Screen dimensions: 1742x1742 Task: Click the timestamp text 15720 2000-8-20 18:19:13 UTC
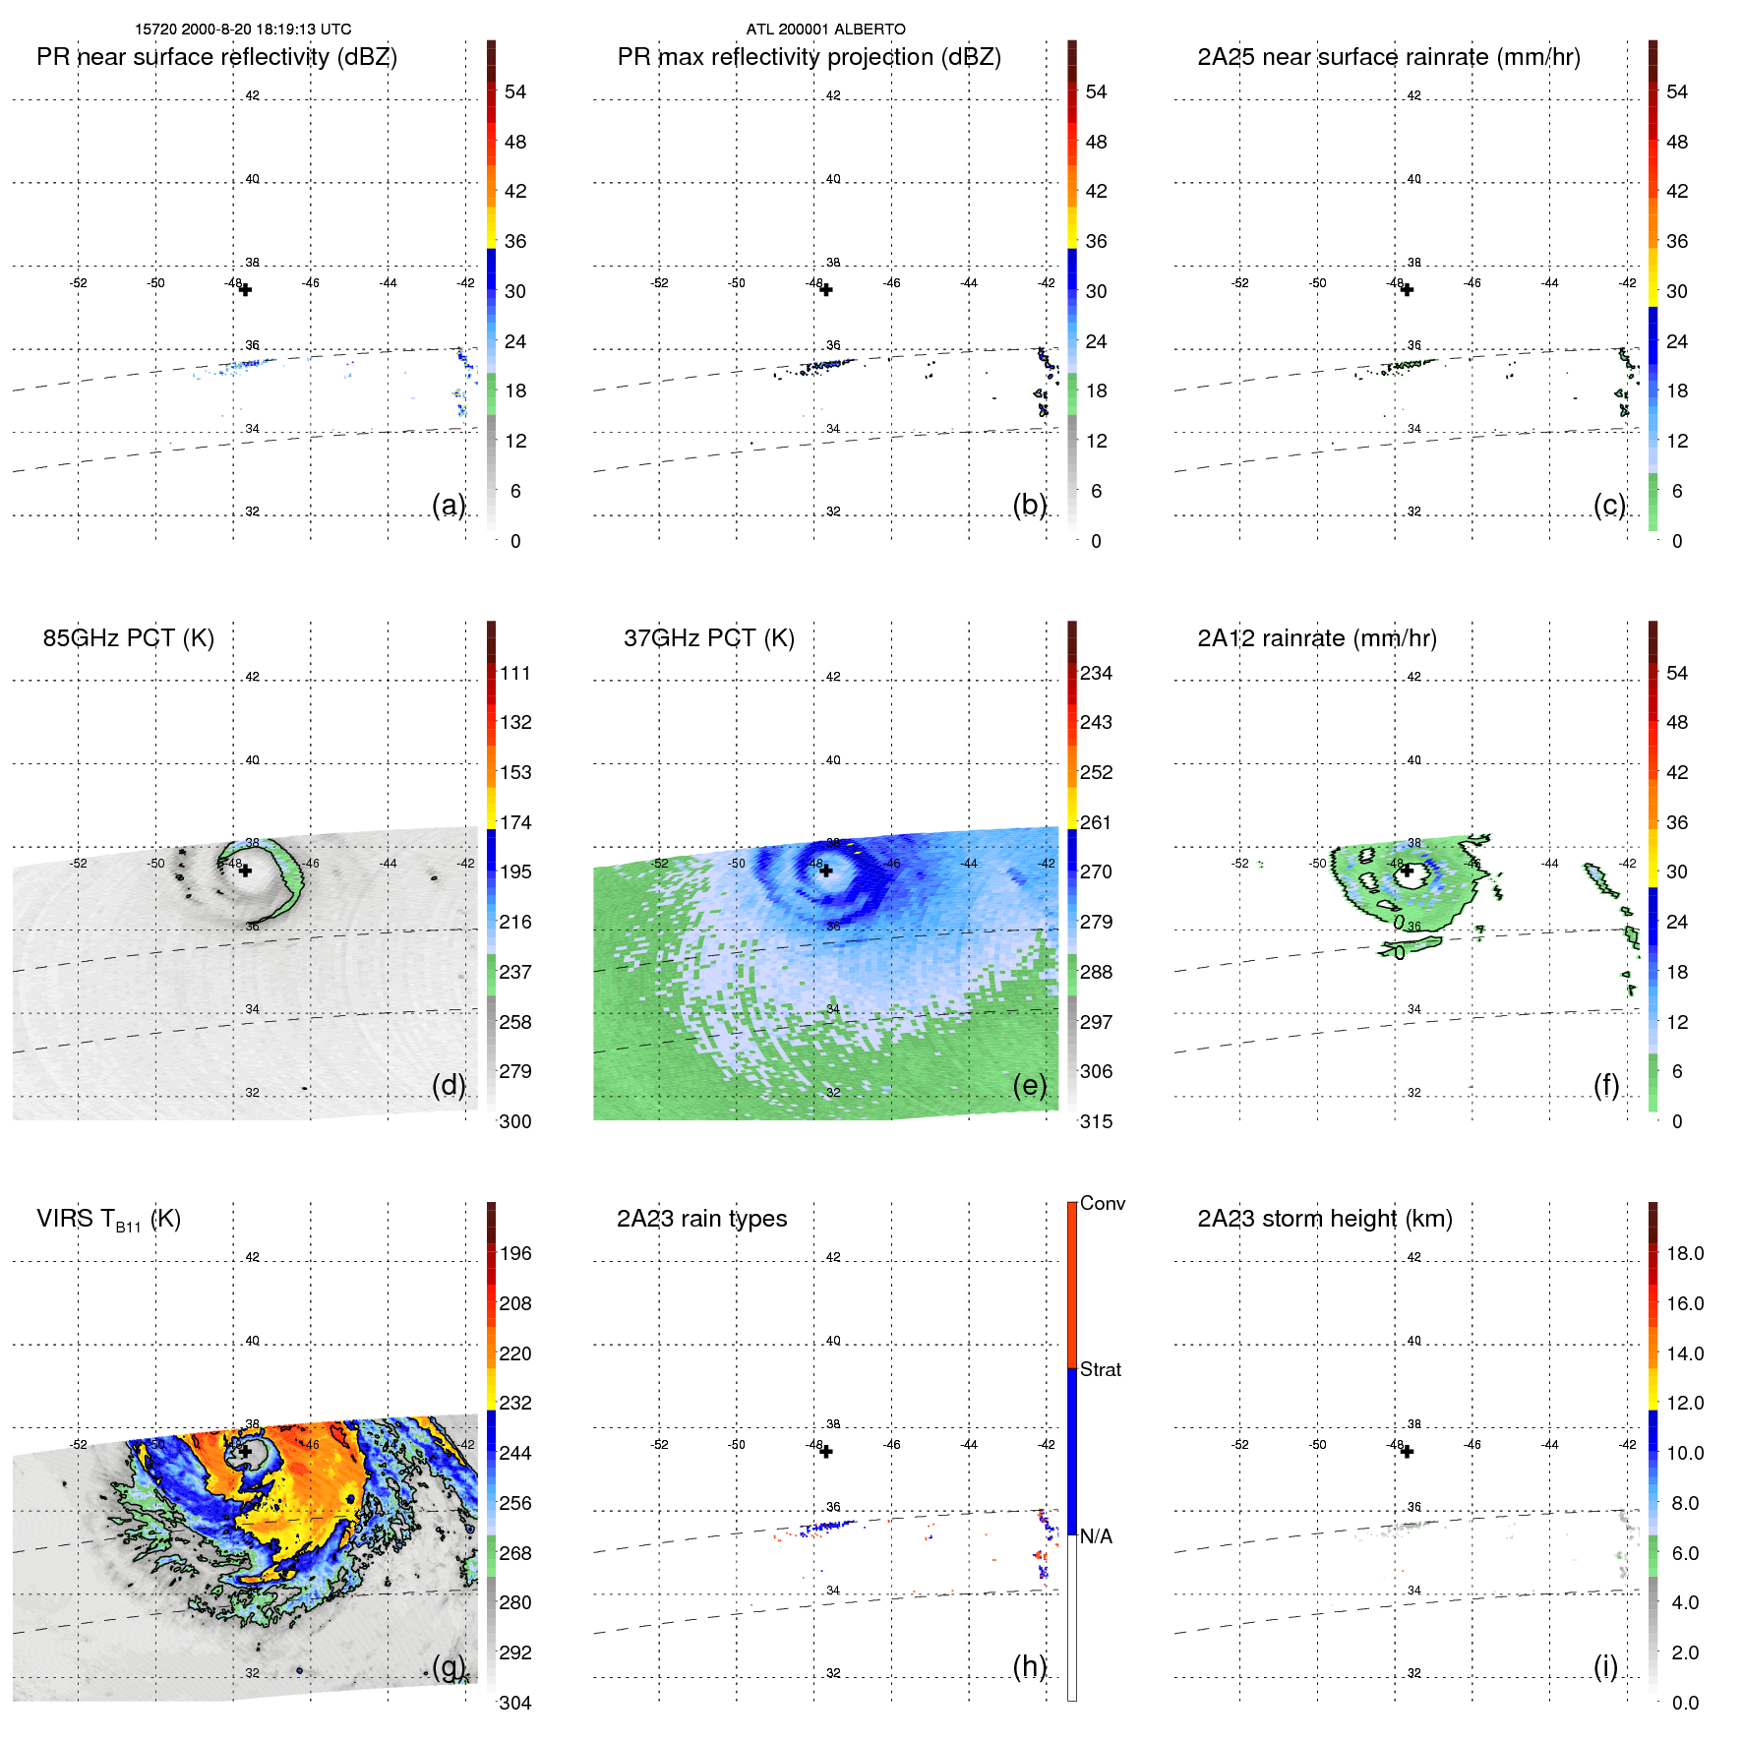pyautogui.click(x=243, y=30)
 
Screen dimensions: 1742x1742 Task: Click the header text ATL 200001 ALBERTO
pyautogui.click(x=825, y=30)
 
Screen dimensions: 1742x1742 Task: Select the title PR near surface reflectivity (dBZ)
pyautogui.click(x=216, y=57)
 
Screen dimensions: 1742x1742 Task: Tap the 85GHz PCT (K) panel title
pyautogui.click(x=128, y=638)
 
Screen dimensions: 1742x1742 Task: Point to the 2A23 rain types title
pyautogui.click(x=701, y=1219)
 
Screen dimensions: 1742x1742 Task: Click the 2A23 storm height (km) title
pyautogui.click(x=1324, y=1219)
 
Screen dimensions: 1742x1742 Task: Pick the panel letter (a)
pyautogui.click(x=448, y=506)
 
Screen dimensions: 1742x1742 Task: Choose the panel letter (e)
pyautogui.click(x=1029, y=1086)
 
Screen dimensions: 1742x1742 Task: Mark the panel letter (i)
pyautogui.click(x=1605, y=1666)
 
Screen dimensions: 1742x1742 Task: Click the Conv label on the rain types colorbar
pyautogui.click(x=1102, y=1204)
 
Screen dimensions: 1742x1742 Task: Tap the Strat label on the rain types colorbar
pyautogui.click(x=1100, y=1370)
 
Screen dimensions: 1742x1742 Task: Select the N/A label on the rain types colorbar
pyautogui.click(x=1096, y=1536)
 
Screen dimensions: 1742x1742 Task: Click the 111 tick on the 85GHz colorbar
pyautogui.click(x=515, y=674)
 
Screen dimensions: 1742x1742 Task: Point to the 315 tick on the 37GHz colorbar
pyautogui.click(x=1096, y=1122)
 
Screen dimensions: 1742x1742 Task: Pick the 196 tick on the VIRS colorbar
pyautogui.click(x=515, y=1254)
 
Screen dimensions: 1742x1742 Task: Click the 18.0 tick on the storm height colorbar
pyautogui.click(x=1685, y=1254)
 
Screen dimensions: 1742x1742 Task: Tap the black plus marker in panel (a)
pyautogui.click(x=245, y=290)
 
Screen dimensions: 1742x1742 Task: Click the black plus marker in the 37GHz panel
pyautogui.click(x=826, y=871)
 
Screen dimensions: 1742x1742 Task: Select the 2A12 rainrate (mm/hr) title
pyautogui.click(x=1316, y=638)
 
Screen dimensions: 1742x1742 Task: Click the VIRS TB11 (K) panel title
pyautogui.click(x=108, y=1220)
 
